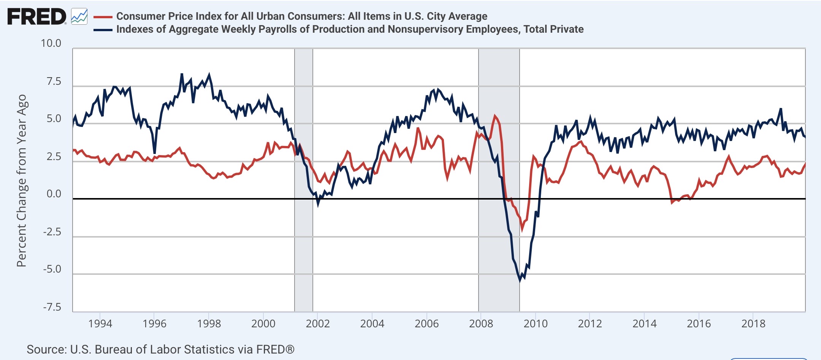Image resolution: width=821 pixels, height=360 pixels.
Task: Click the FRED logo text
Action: [x=36, y=17]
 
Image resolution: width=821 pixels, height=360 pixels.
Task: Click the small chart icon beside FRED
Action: [x=79, y=16]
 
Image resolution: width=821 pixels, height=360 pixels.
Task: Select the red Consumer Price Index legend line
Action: [x=103, y=17]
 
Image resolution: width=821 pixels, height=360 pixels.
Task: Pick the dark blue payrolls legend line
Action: [x=103, y=30]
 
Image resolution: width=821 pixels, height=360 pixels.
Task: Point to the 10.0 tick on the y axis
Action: [x=51, y=43]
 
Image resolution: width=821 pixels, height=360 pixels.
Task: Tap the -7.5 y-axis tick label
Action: [x=52, y=307]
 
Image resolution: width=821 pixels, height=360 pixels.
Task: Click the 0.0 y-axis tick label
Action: [x=54, y=194]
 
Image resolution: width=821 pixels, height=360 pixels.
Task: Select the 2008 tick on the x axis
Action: [x=481, y=324]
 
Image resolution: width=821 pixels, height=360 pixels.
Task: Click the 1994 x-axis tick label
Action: [x=100, y=324]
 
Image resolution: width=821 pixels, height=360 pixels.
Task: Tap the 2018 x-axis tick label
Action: [x=753, y=324]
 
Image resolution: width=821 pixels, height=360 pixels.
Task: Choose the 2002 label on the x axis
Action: [x=318, y=324]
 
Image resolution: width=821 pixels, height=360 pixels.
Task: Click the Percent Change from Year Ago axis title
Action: [x=22, y=181]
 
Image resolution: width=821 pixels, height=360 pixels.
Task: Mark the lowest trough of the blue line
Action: [x=520, y=281]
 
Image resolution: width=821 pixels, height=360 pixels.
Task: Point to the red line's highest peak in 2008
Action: [x=495, y=116]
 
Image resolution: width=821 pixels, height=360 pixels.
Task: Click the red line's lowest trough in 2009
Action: [x=522, y=229]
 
